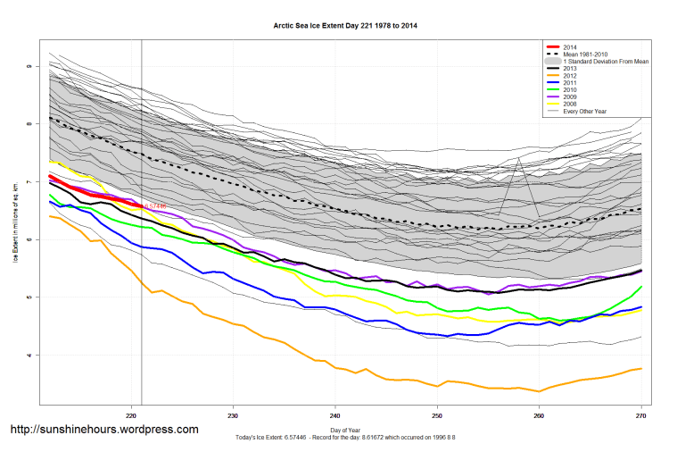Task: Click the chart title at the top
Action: pos(344,26)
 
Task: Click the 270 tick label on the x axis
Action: pos(640,417)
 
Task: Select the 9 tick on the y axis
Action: pos(29,66)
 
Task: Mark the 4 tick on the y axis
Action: pos(29,356)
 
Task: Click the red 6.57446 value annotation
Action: pos(154,206)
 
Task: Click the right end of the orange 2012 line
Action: pos(641,368)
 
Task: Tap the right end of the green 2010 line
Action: pos(641,287)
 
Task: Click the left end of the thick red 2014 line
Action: pos(49,176)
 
